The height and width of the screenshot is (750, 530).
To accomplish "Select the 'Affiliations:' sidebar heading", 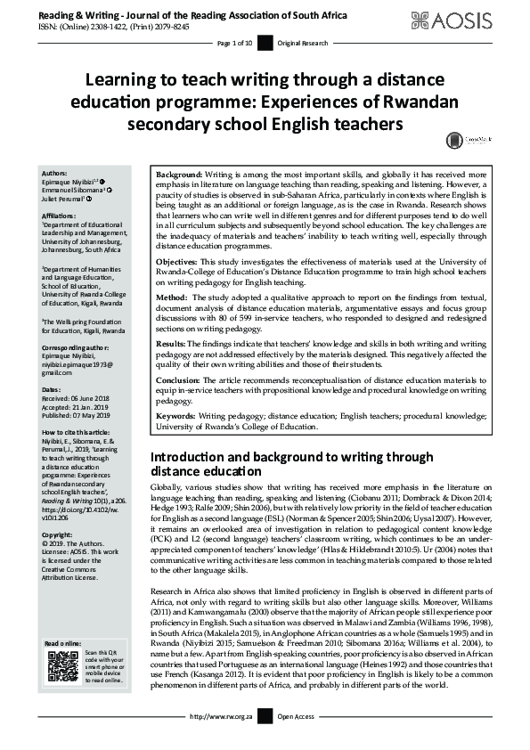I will click(x=61, y=214).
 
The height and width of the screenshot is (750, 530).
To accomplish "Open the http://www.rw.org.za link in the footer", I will click(x=221, y=740).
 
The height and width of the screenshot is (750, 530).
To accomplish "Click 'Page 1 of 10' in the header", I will click(x=235, y=42).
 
